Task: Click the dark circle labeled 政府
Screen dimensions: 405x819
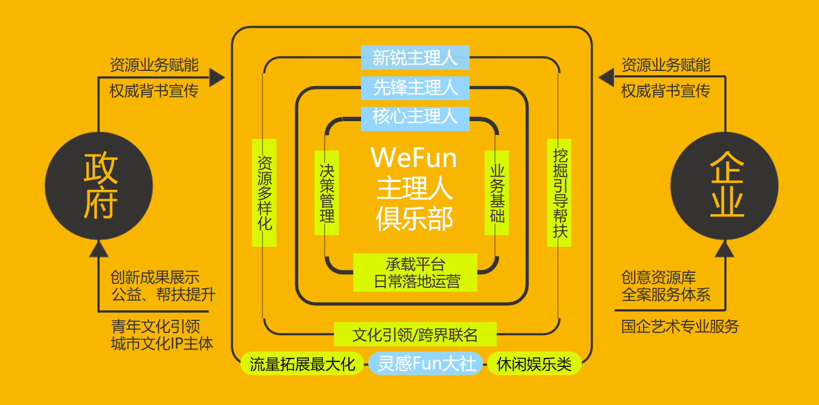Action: (x=99, y=186)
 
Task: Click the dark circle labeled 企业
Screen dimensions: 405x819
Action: (x=724, y=186)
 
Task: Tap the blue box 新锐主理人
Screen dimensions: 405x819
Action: (x=415, y=58)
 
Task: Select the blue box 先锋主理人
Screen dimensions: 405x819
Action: (x=415, y=87)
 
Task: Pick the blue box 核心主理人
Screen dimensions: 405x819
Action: (x=415, y=117)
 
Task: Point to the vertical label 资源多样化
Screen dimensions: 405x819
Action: (x=264, y=193)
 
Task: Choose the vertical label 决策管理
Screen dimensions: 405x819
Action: (x=327, y=193)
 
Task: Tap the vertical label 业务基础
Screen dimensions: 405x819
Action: (x=497, y=193)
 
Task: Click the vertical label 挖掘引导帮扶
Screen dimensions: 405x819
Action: (x=559, y=193)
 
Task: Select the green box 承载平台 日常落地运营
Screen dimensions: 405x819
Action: (x=415, y=272)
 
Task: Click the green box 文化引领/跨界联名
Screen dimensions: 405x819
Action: (x=415, y=334)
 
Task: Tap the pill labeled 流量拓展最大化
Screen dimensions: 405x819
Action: (x=302, y=364)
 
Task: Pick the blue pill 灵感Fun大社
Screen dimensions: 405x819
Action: (x=426, y=364)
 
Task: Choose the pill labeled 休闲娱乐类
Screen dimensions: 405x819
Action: (x=534, y=364)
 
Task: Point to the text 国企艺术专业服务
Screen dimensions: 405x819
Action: (x=680, y=326)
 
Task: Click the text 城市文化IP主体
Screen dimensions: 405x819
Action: (x=162, y=344)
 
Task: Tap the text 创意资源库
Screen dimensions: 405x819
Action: (x=658, y=277)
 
